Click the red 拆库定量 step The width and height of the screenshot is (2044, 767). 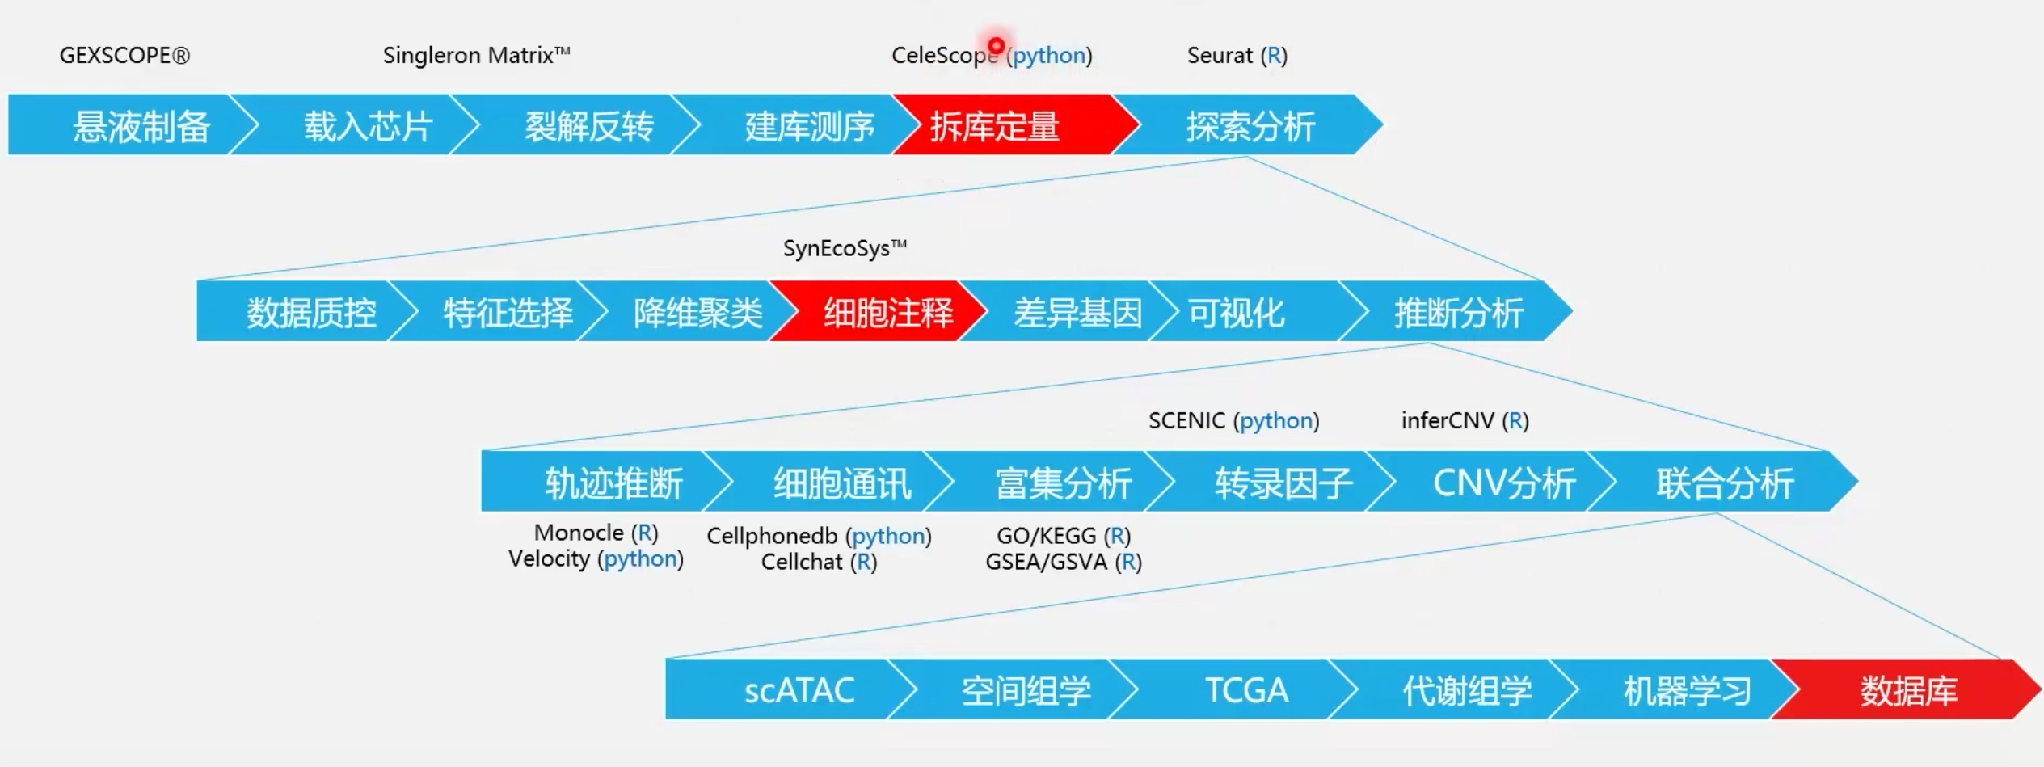point(995,126)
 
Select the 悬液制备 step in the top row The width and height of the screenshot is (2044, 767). point(141,126)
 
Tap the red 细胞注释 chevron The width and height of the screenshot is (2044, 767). point(887,313)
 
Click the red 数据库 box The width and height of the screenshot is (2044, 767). point(1908,691)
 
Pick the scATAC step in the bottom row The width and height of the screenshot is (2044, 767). point(799,691)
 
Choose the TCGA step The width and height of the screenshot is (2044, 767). point(1246,691)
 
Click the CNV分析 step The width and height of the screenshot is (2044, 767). point(1503,483)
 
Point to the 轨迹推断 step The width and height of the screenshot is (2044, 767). point(613,483)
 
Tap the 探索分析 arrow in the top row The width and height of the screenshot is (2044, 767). point(1250,126)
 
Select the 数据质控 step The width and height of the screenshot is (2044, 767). point(311,313)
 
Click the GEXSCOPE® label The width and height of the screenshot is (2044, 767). point(125,56)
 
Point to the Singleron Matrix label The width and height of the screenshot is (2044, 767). point(476,56)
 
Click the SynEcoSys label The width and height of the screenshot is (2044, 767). point(845,248)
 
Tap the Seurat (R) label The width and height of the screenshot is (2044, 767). point(1237,56)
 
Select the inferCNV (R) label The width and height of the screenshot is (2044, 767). point(1465,420)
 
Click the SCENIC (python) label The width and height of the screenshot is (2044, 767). point(1233,420)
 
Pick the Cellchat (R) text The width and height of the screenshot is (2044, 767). point(819,562)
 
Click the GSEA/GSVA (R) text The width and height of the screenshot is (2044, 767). point(1063,562)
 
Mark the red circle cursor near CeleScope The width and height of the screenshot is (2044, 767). point(997,45)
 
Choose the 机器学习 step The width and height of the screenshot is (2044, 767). point(1688,691)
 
